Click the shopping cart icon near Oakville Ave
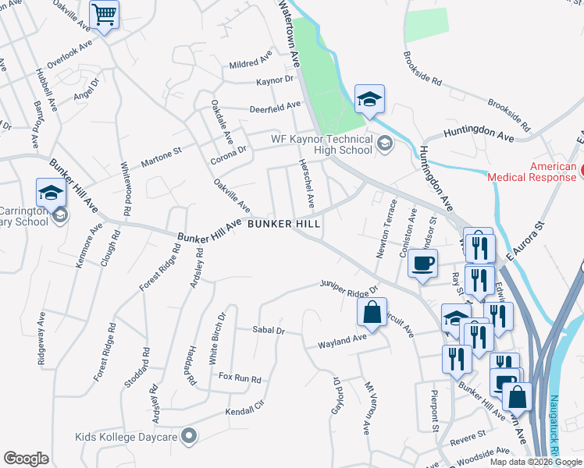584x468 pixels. [x=105, y=14]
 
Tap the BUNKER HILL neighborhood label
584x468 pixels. [x=284, y=224]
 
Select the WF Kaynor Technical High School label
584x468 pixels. [x=321, y=144]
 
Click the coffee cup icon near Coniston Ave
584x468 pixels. [x=422, y=264]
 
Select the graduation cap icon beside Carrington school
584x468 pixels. [x=51, y=193]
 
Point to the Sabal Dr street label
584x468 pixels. [x=269, y=331]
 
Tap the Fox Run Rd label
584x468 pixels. [x=240, y=378]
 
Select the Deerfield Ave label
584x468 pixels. [x=275, y=107]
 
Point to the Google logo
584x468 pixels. [x=26, y=458]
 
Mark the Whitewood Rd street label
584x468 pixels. [x=125, y=190]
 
